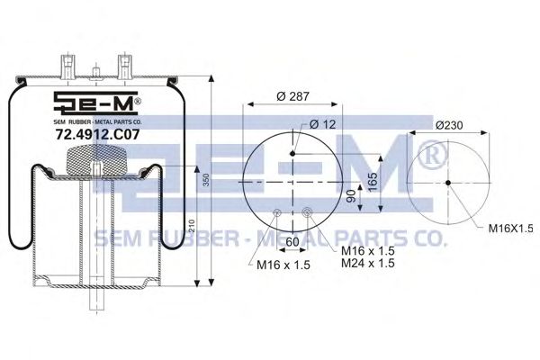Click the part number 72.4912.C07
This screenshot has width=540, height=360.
pyautogui.click(x=98, y=134)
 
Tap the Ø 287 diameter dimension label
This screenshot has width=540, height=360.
pyautogui.click(x=293, y=96)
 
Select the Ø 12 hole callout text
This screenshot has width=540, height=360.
pyautogui.click(x=322, y=124)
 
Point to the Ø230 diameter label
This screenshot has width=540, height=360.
pyautogui.click(x=449, y=125)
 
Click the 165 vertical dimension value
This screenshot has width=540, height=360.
pyautogui.click(x=373, y=182)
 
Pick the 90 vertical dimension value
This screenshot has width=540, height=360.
pyautogui.click(x=351, y=197)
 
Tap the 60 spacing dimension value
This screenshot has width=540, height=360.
pyautogui.click(x=292, y=242)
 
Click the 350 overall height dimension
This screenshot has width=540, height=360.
pyautogui.click(x=206, y=180)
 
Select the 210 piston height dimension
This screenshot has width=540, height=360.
pyautogui.click(x=193, y=226)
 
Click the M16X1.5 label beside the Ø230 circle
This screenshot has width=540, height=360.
pyautogui.click(x=510, y=228)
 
